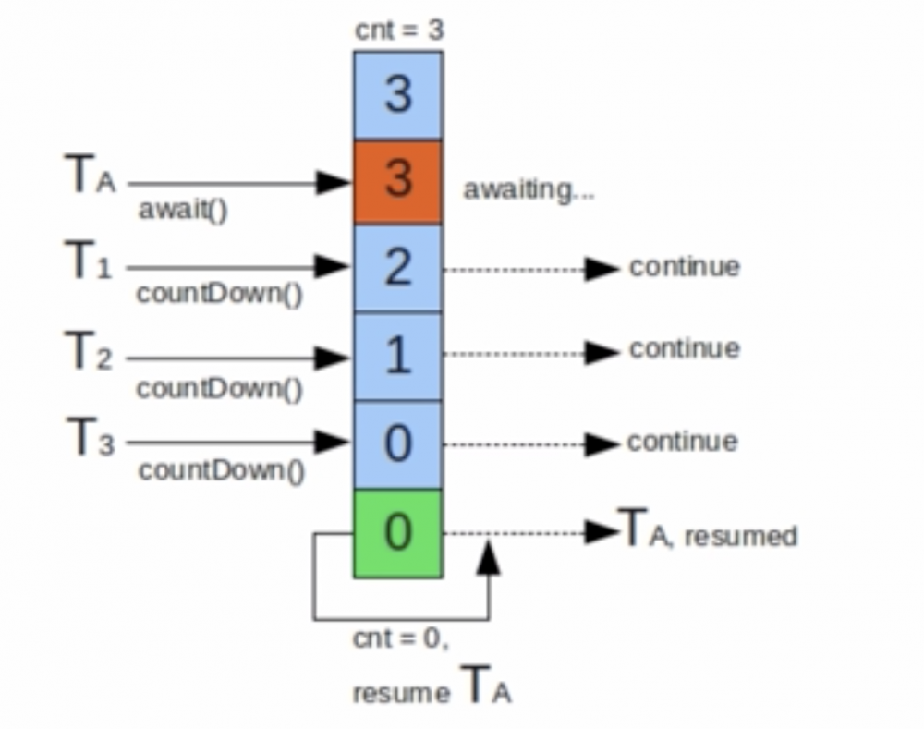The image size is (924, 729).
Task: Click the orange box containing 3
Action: click(397, 182)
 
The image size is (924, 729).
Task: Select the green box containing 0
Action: click(397, 533)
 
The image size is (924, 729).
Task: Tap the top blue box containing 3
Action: click(397, 95)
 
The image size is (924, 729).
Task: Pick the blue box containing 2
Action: click(397, 268)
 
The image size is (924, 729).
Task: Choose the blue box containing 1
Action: click(397, 356)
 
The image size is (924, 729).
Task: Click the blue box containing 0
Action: click(397, 444)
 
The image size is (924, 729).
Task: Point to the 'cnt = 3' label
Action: click(399, 30)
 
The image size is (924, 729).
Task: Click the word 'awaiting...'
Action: click(529, 190)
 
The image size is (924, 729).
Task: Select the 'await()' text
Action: click(183, 210)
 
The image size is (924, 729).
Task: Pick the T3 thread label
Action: click(91, 436)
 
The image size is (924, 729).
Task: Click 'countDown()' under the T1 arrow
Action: click(219, 294)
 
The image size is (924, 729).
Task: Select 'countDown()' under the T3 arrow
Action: click(222, 471)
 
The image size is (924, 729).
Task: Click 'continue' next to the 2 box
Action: click(684, 267)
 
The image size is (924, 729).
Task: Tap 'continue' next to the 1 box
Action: click(684, 349)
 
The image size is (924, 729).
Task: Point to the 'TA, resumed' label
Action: click(707, 529)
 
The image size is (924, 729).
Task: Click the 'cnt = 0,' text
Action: click(401, 638)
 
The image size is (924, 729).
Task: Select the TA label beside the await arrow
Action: click(91, 174)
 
